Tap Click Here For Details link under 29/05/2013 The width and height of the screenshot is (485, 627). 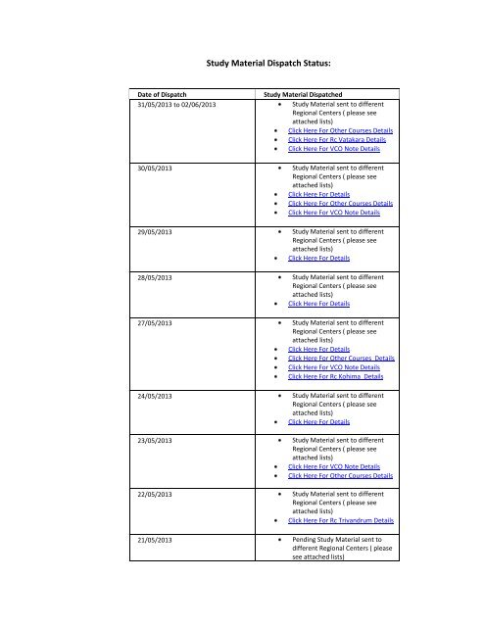(318, 258)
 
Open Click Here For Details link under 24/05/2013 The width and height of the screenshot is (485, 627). (318, 422)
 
